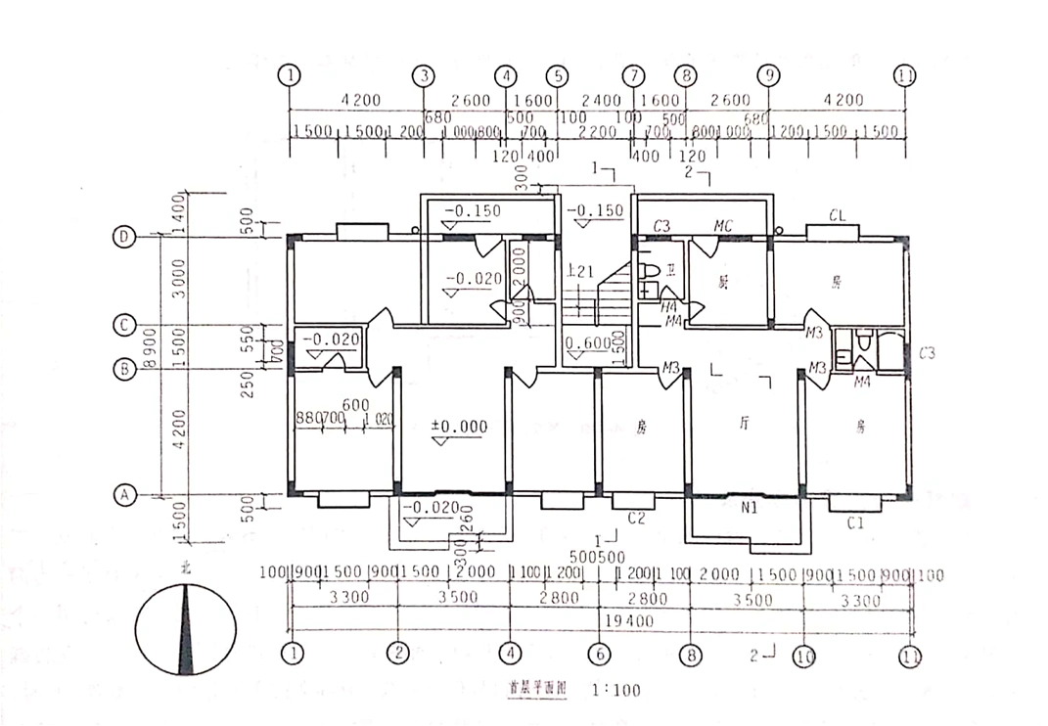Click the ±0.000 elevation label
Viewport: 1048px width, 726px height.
(x=460, y=427)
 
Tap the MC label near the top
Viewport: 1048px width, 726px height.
(x=723, y=226)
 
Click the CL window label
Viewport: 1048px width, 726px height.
(x=837, y=215)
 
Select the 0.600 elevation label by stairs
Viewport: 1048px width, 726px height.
(x=587, y=343)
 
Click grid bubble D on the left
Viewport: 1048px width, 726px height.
(x=124, y=237)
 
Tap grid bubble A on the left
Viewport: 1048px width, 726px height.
(x=124, y=496)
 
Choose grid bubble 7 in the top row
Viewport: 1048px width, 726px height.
(x=635, y=74)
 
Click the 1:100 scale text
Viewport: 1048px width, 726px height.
(x=616, y=690)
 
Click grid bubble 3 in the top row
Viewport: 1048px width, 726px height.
(x=424, y=74)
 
